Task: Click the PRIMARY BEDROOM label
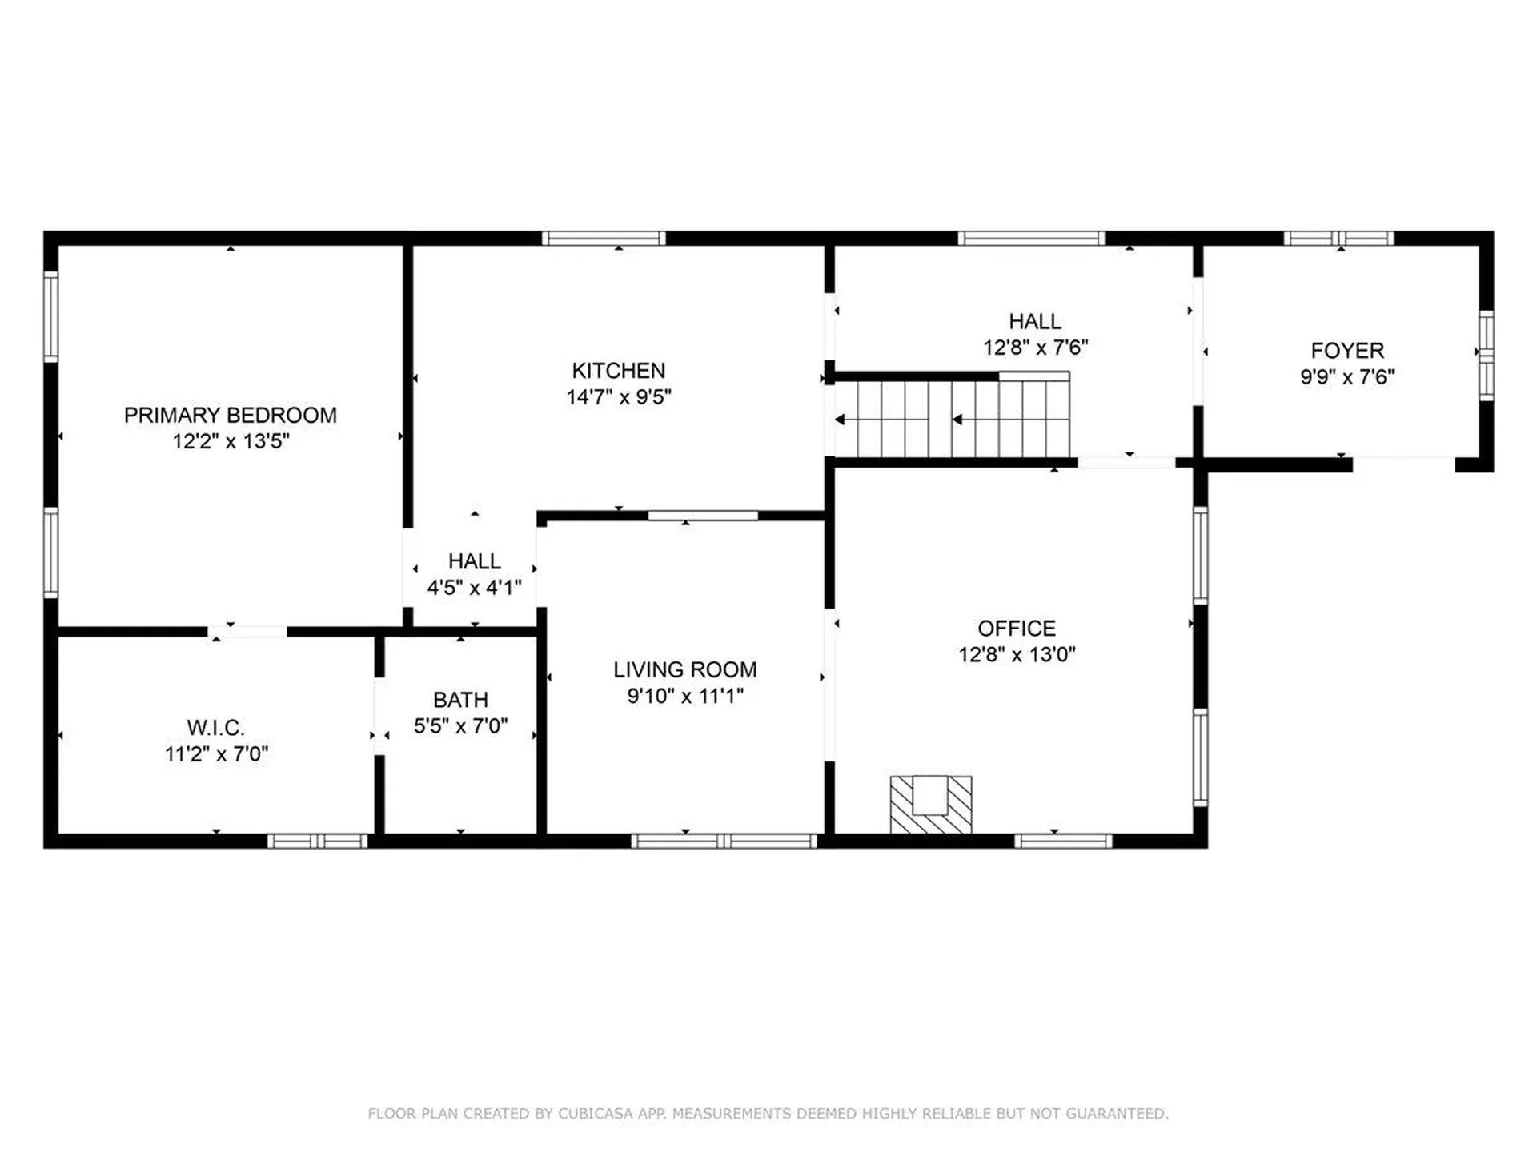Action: click(x=231, y=415)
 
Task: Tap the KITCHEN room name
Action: click(x=618, y=371)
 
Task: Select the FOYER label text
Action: click(x=1347, y=351)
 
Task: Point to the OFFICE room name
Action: click(x=1017, y=629)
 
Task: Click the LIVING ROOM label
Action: click(x=685, y=669)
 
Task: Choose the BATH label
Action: click(x=460, y=700)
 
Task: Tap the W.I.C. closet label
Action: click(x=216, y=728)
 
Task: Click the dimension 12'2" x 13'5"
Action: click(x=231, y=441)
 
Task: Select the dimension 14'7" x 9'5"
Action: click(x=619, y=397)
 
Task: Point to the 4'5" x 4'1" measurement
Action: click(x=474, y=588)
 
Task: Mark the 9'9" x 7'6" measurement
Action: click(x=1347, y=376)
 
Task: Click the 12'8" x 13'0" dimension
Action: click(x=1017, y=654)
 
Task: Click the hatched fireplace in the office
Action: click(x=931, y=805)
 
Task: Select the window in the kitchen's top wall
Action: click(x=604, y=238)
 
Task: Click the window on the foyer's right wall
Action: click(x=1487, y=356)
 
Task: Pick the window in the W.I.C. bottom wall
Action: click(x=317, y=841)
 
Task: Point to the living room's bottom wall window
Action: click(x=724, y=841)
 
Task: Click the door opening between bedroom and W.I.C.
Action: click(x=247, y=632)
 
